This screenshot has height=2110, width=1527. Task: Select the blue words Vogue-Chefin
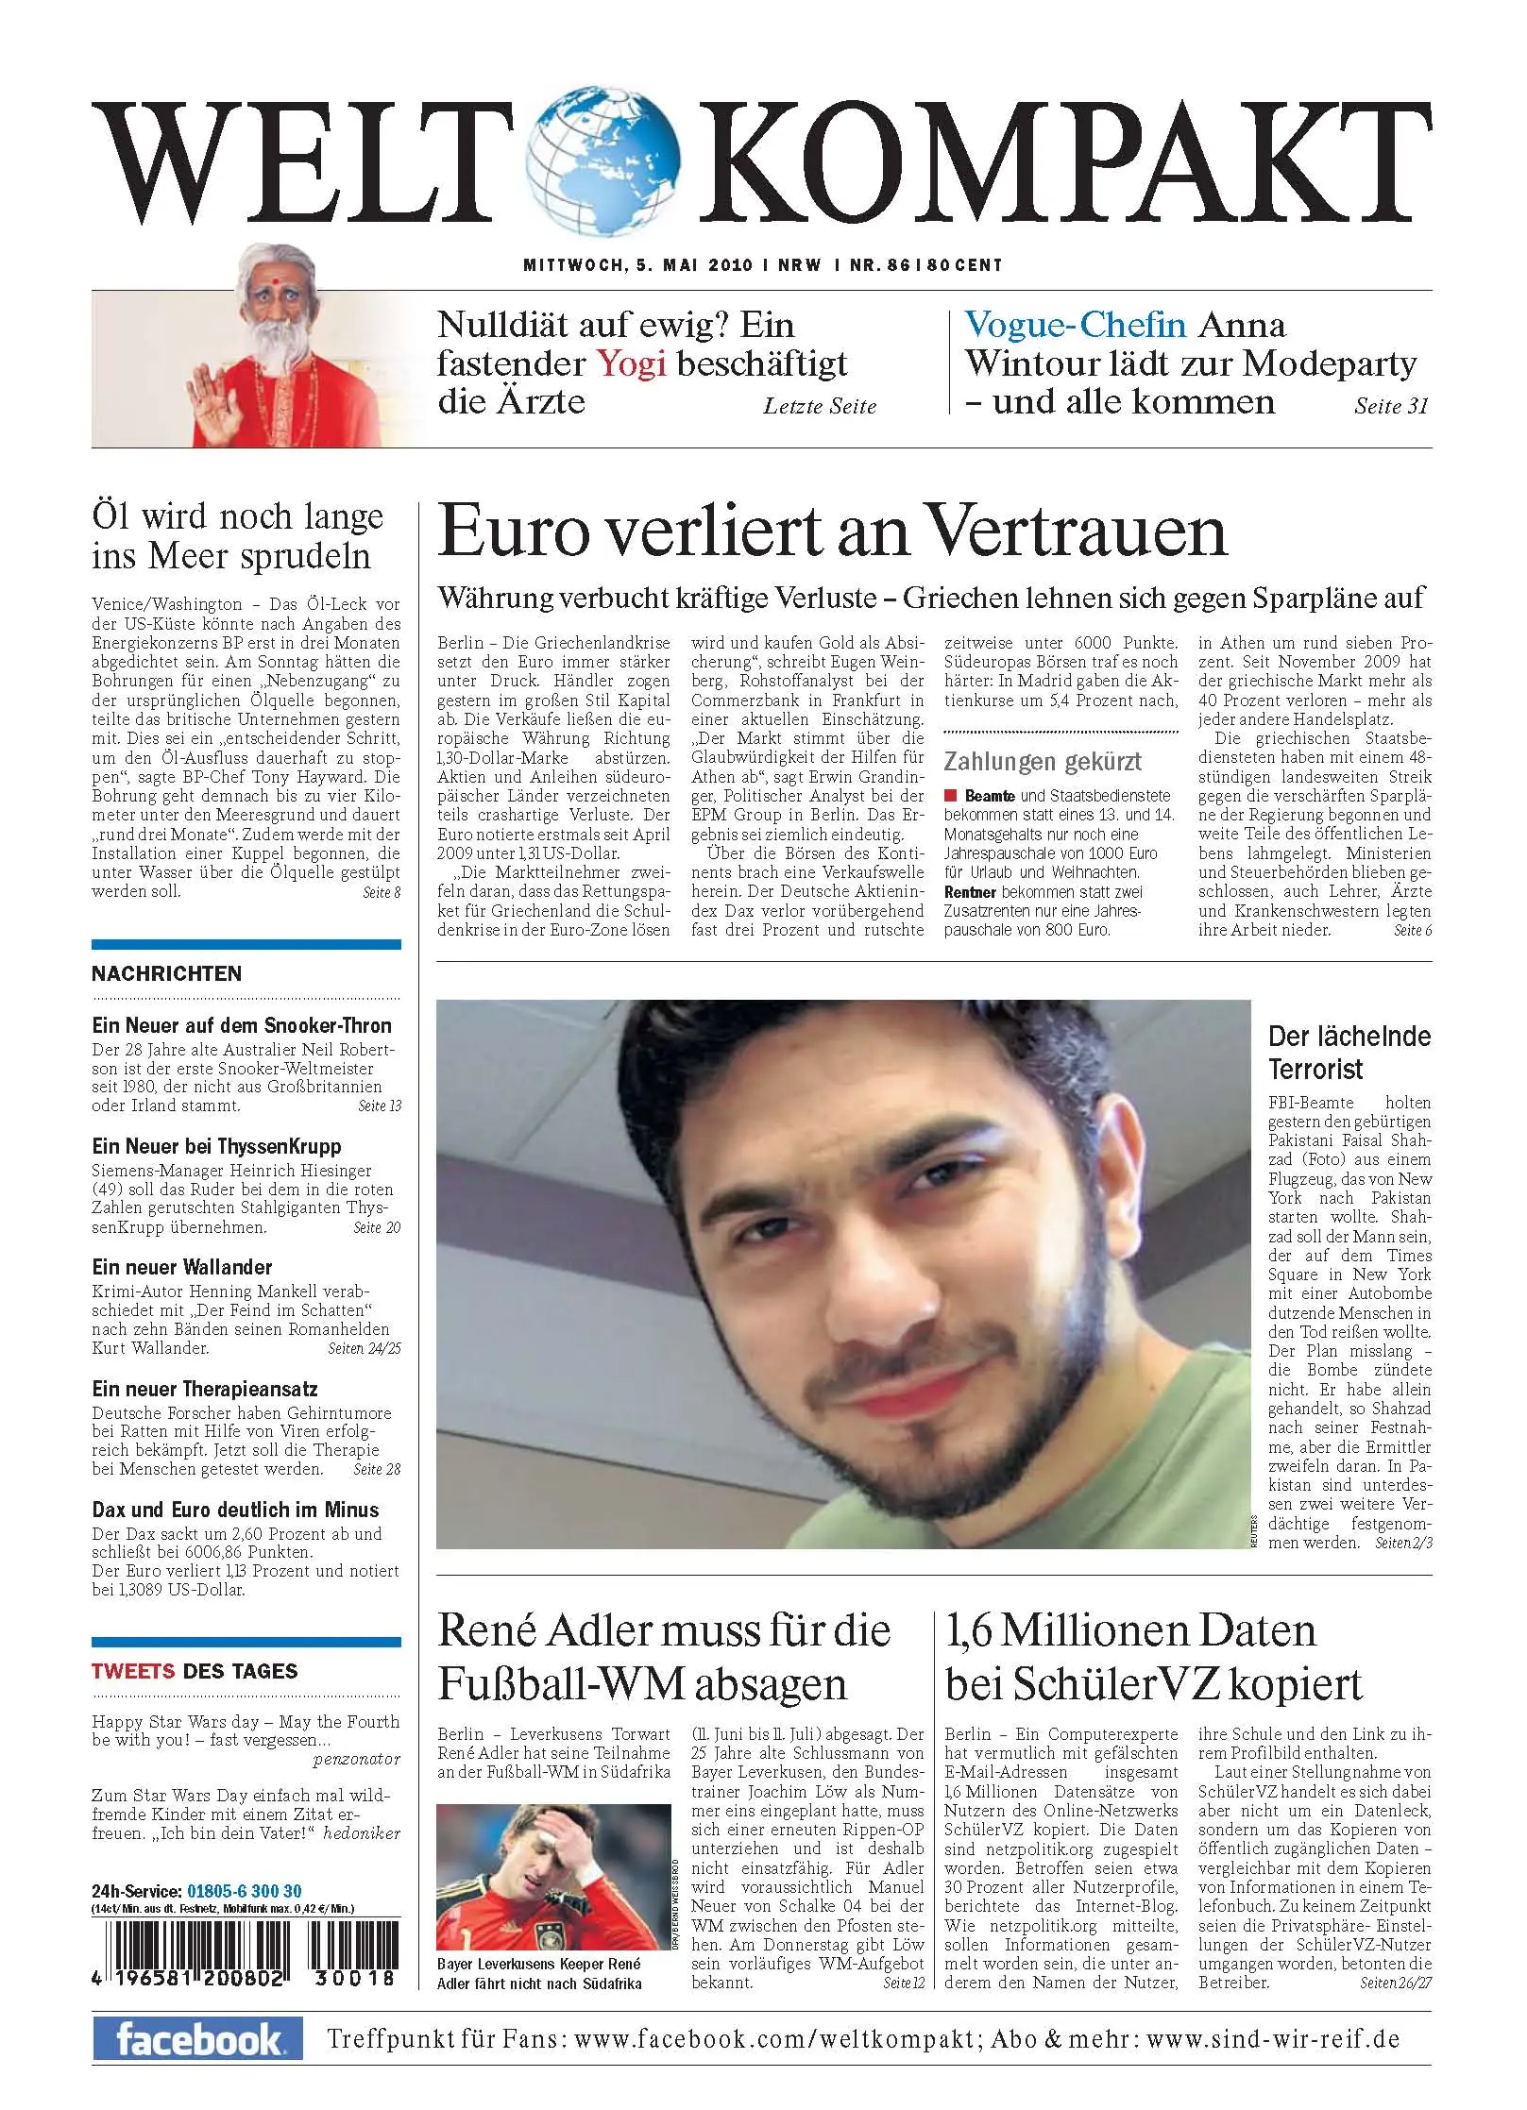click(1075, 325)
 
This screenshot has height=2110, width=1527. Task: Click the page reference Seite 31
click(1391, 406)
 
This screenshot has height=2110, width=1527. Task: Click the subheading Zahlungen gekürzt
click(1042, 761)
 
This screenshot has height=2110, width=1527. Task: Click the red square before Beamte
click(952, 796)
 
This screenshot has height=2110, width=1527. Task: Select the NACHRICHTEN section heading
click(166, 973)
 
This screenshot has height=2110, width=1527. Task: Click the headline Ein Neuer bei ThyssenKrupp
click(216, 1146)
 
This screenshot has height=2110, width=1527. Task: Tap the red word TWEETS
click(132, 1671)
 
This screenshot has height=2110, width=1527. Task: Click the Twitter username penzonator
click(356, 1759)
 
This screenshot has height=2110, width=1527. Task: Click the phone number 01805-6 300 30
click(245, 1891)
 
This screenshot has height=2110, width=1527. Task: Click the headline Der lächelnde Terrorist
click(1349, 1053)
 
